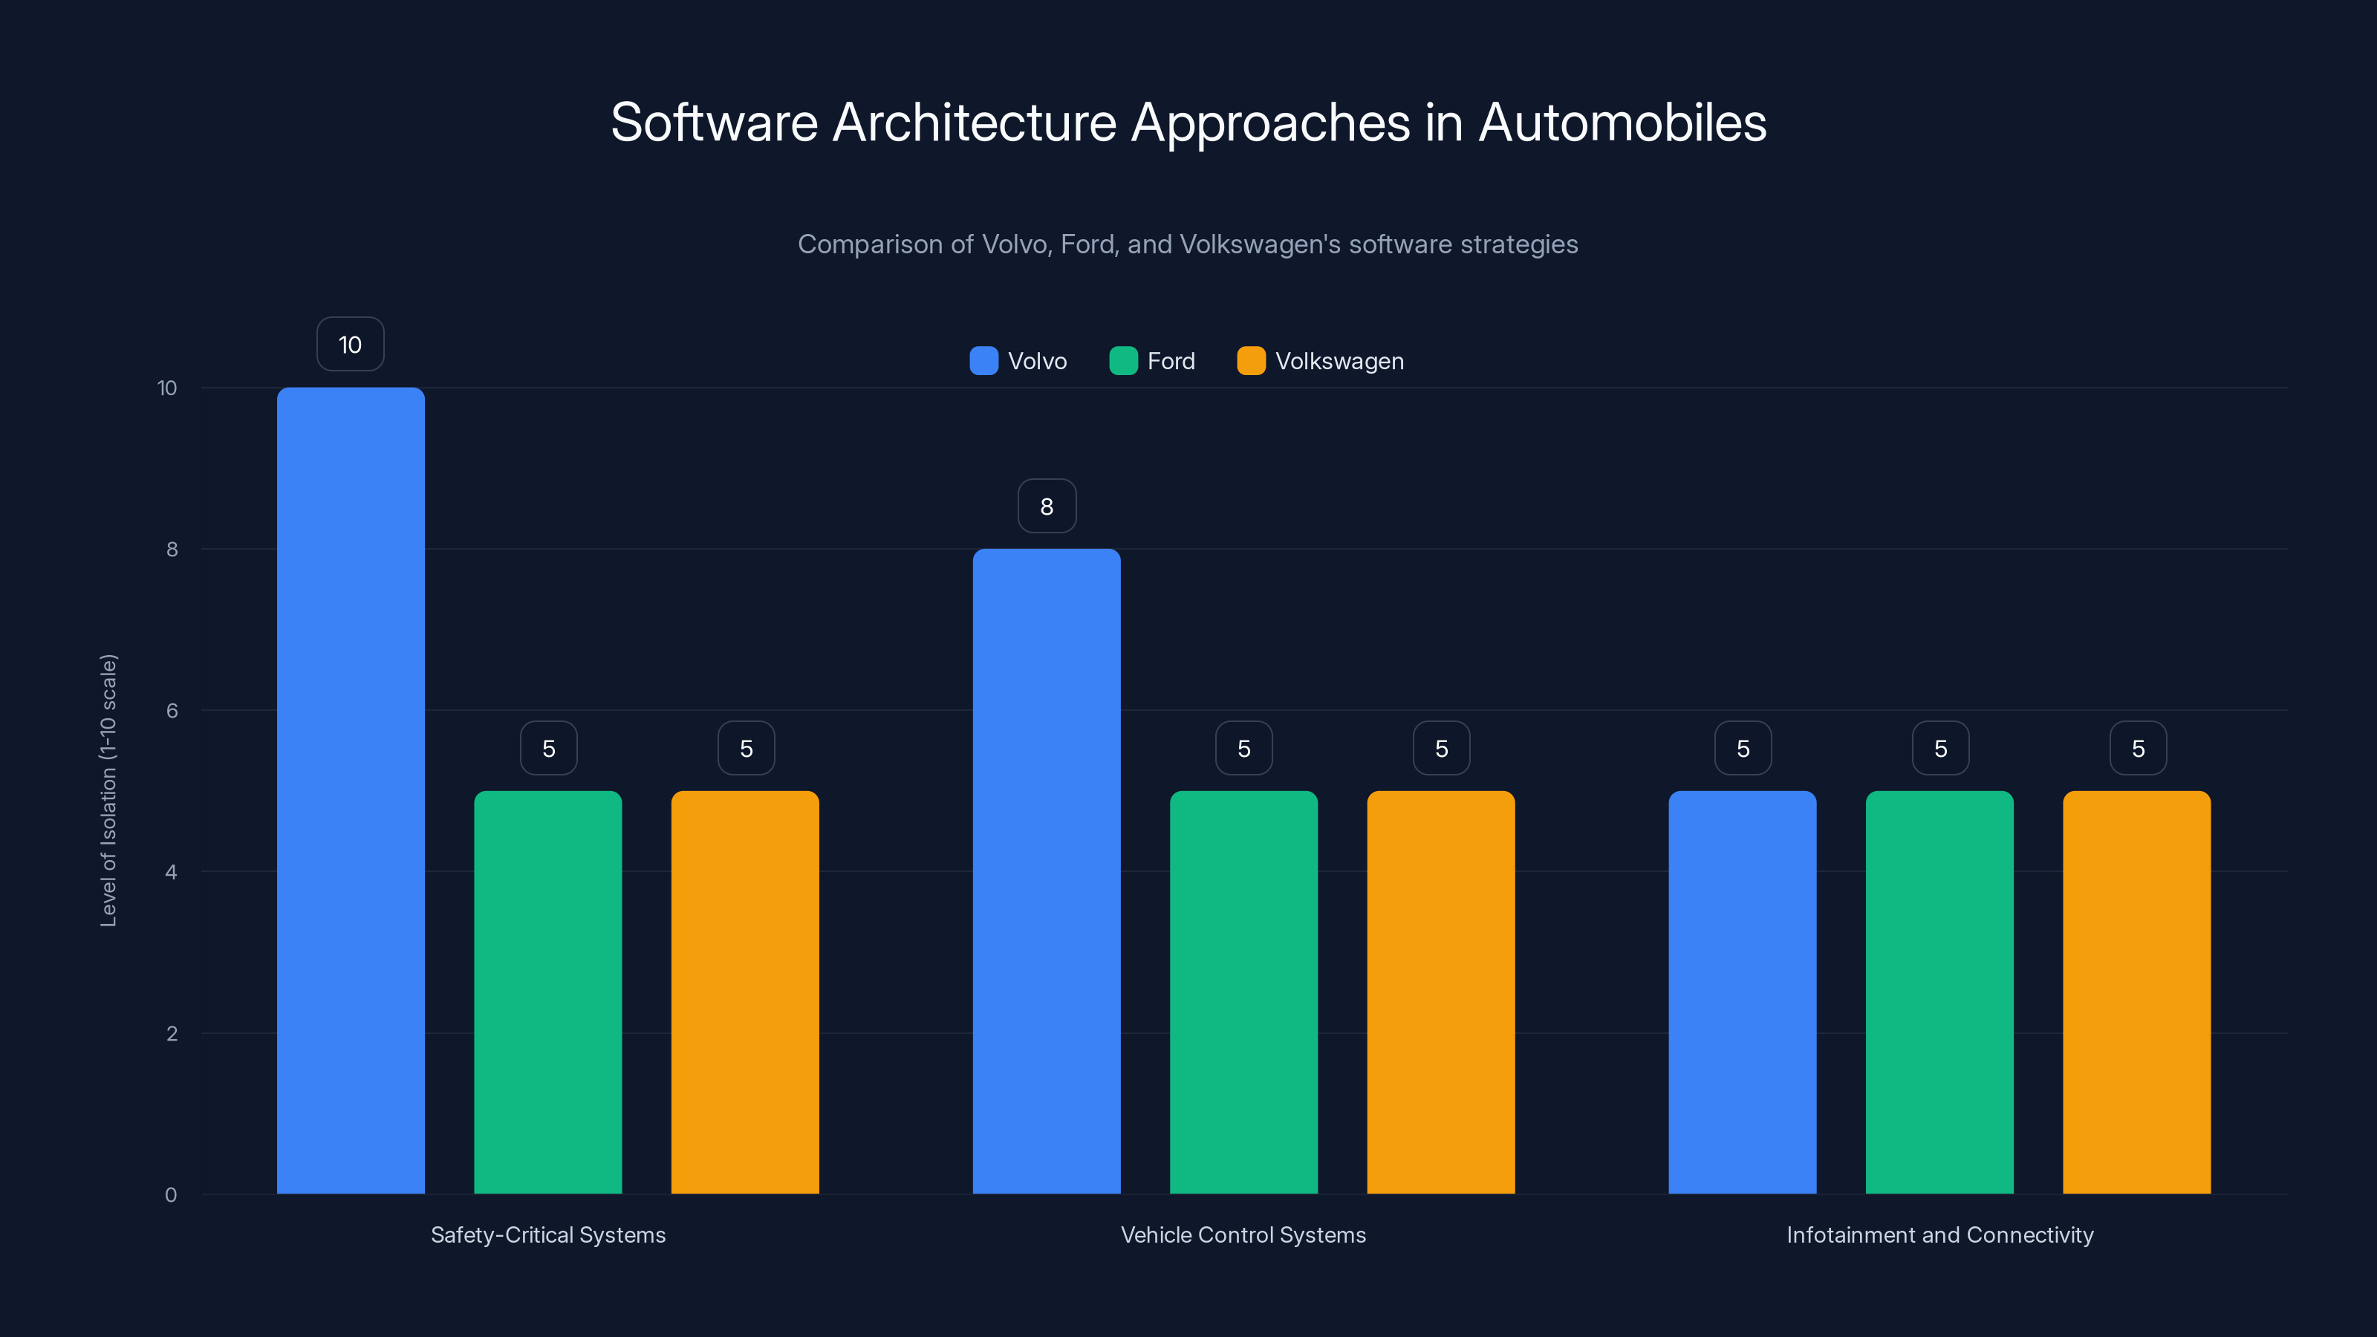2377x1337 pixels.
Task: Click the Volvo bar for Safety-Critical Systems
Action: pyautogui.click(x=351, y=790)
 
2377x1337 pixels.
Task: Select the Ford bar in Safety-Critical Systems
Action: pyautogui.click(x=547, y=992)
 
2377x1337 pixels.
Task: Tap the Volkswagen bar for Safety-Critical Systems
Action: pyautogui.click(x=744, y=992)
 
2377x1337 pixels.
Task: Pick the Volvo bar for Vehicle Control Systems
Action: pyautogui.click(x=1047, y=871)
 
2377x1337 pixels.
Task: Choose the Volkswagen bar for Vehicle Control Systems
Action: pyautogui.click(x=1440, y=992)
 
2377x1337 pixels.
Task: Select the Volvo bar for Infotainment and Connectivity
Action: pyautogui.click(x=1742, y=992)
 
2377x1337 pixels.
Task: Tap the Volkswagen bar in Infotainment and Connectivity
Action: pyautogui.click(x=2136, y=992)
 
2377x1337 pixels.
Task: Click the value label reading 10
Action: pyautogui.click(x=351, y=344)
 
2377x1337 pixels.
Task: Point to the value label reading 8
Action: pyautogui.click(x=1047, y=506)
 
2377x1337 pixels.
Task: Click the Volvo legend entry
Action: pyautogui.click(x=1018, y=361)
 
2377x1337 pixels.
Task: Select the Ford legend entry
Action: pyautogui.click(x=1153, y=361)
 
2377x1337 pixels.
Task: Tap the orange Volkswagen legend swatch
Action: pyautogui.click(x=1250, y=361)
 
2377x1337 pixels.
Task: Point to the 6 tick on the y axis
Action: pyautogui.click(x=172, y=711)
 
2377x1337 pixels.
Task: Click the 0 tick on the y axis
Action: pyautogui.click(x=171, y=1195)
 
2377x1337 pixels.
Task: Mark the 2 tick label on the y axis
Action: pyautogui.click(x=172, y=1033)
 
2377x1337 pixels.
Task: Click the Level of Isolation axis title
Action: pyautogui.click(x=108, y=790)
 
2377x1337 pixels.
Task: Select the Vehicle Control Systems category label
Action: pyautogui.click(x=1243, y=1234)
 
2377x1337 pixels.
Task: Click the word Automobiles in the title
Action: pyautogui.click(x=1622, y=122)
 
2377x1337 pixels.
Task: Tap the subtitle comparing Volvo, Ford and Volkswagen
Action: pyautogui.click(x=1188, y=244)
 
